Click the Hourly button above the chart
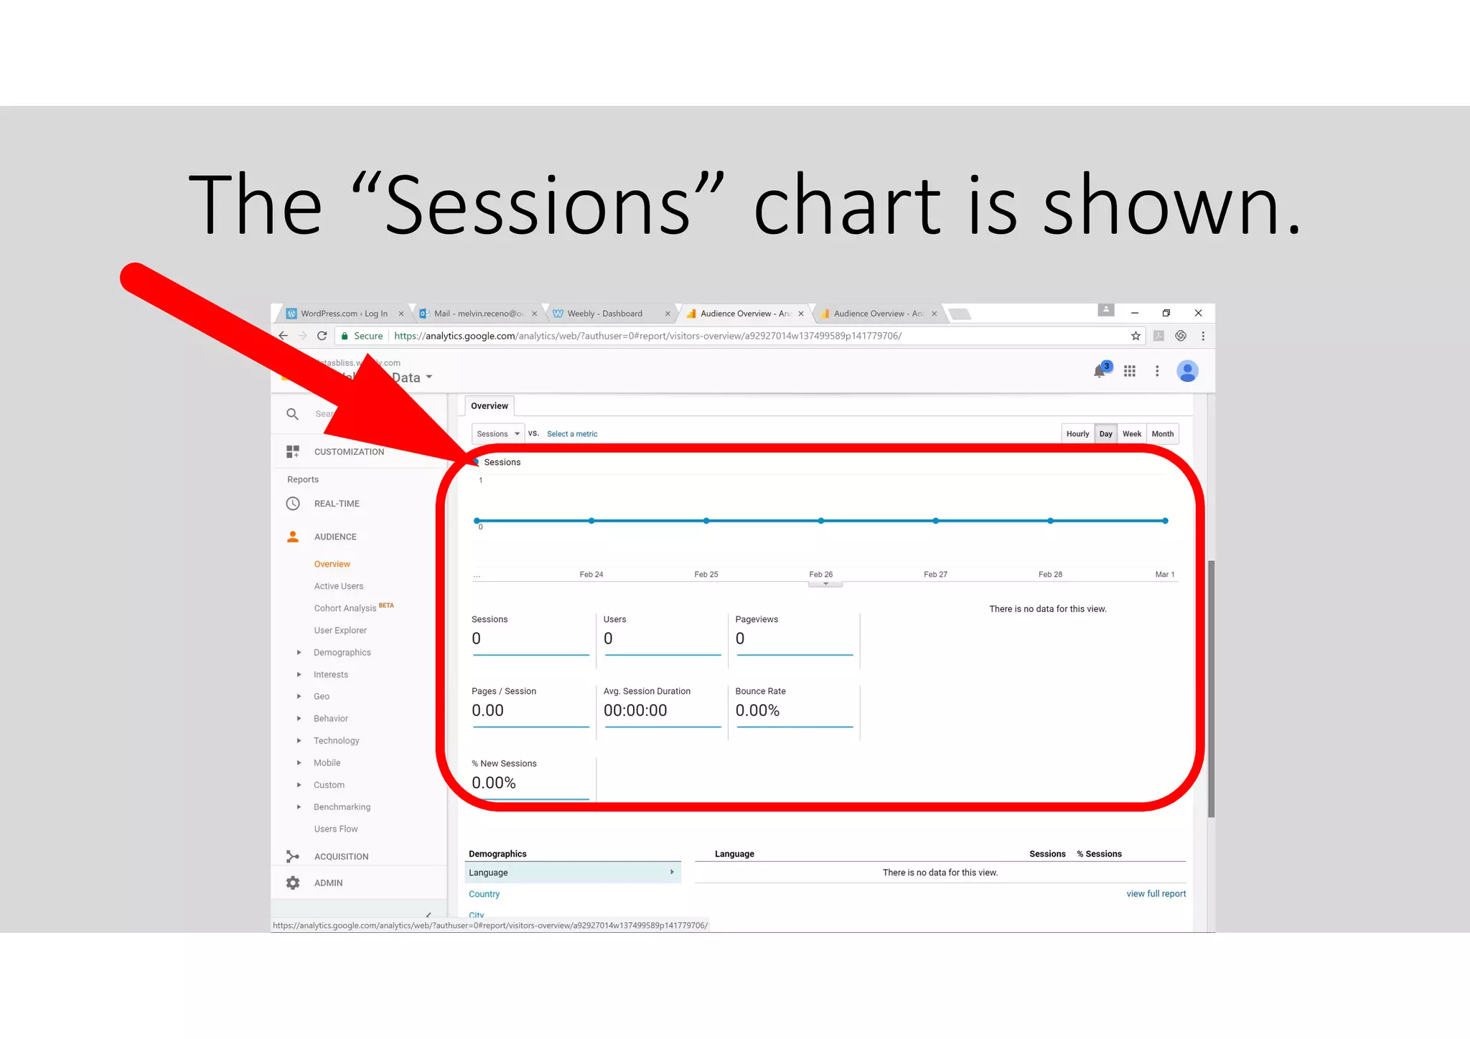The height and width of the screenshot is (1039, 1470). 1077,434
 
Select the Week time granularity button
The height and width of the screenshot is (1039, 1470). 1131,434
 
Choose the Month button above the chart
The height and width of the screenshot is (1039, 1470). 1162,434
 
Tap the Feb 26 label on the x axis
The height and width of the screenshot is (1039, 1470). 820,575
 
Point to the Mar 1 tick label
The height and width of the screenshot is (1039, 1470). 1164,575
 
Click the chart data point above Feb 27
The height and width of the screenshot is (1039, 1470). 935,521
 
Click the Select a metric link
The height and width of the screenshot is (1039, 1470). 571,434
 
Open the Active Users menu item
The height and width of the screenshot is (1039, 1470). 338,586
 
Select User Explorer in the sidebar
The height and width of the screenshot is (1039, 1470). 340,631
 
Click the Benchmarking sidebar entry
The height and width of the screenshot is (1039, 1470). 342,807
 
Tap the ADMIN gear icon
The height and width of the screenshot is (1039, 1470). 293,883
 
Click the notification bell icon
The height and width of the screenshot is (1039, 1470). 1099,371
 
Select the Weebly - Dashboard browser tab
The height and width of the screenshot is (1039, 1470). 604,314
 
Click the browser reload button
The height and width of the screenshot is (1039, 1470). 322,336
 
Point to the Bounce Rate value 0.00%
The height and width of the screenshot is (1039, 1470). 757,710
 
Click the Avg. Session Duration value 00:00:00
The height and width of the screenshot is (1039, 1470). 635,710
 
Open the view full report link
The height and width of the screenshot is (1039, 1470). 1156,894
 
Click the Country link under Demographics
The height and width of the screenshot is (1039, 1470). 484,894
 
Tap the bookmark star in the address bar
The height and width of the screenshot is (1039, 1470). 1136,336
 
